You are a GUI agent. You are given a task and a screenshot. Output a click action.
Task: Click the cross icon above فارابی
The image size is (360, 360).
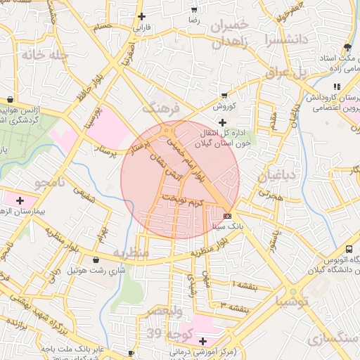pyautogui.click(x=143, y=16)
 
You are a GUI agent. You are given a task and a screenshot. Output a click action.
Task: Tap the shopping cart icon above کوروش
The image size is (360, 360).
pyautogui.click(x=224, y=96)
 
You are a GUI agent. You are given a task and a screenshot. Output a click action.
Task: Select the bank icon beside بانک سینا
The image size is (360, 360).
pyautogui.click(x=227, y=216)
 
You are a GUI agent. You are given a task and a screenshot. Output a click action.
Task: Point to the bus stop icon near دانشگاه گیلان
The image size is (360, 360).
pyautogui.click(x=349, y=248)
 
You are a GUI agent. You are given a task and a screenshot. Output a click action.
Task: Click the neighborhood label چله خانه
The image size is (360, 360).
pyautogui.click(x=44, y=54)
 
